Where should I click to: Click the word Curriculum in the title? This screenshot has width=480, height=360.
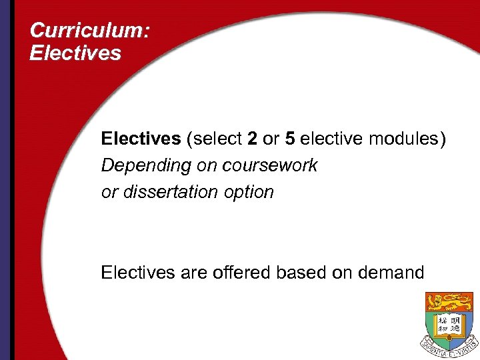79,31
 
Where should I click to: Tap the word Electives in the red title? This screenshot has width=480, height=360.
75,53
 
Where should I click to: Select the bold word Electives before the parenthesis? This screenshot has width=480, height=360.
141,139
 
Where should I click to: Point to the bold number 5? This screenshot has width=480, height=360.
290,139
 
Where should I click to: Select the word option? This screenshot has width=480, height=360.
248,192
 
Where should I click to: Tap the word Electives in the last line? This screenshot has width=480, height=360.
136,272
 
